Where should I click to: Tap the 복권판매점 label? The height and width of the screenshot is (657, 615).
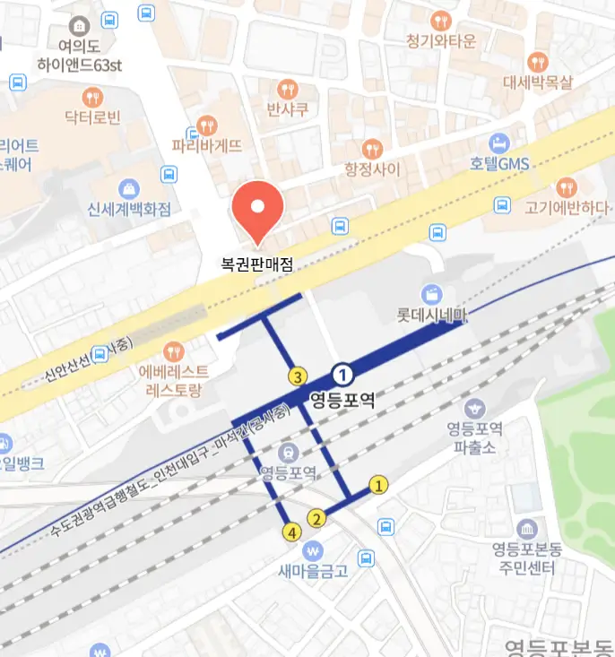[x=258, y=265]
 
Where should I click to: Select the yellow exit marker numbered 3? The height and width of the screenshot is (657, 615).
[x=297, y=376]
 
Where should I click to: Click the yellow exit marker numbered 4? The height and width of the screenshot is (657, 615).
[x=290, y=532]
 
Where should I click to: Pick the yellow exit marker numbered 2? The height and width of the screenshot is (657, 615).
[x=316, y=517]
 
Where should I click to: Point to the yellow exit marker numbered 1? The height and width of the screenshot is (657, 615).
[x=378, y=486]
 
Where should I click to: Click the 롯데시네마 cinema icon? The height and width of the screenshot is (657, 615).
[x=434, y=294]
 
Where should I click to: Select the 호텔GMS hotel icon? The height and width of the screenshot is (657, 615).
[x=499, y=143]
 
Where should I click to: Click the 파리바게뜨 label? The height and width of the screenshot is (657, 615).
[x=207, y=144]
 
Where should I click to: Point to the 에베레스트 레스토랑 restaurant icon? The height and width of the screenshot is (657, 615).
[x=174, y=349]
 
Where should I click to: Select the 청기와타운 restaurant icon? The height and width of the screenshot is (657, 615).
[x=440, y=21]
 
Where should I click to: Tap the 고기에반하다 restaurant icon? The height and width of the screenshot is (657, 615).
[x=567, y=186]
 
